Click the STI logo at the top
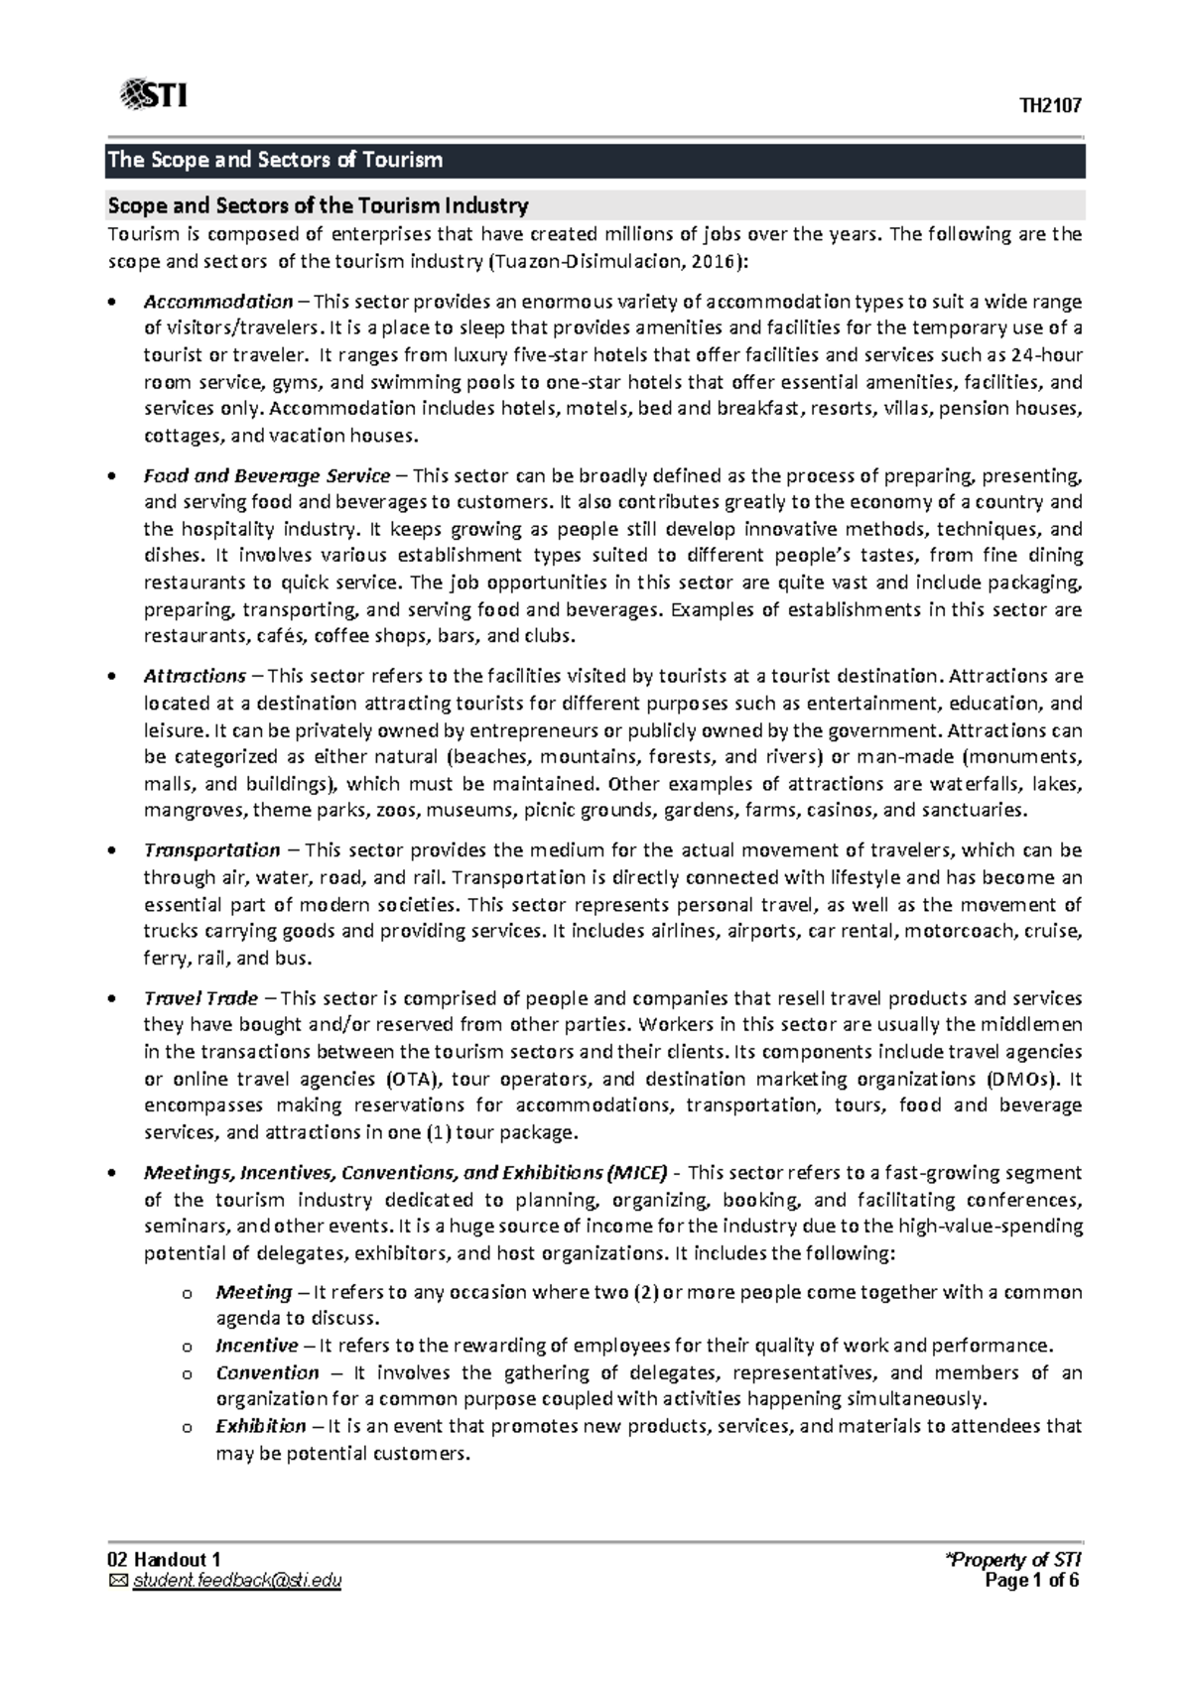[154, 95]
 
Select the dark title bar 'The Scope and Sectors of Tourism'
[595, 160]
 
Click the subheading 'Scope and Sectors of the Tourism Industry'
[318, 205]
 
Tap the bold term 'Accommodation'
[218, 302]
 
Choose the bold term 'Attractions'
[195, 676]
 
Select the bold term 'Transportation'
[211, 849]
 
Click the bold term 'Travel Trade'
[200, 998]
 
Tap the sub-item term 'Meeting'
[253, 1292]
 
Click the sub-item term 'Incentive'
[256, 1346]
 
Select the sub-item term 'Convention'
[267, 1372]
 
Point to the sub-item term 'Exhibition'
[260, 1426]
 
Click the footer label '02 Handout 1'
[158, 1562]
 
